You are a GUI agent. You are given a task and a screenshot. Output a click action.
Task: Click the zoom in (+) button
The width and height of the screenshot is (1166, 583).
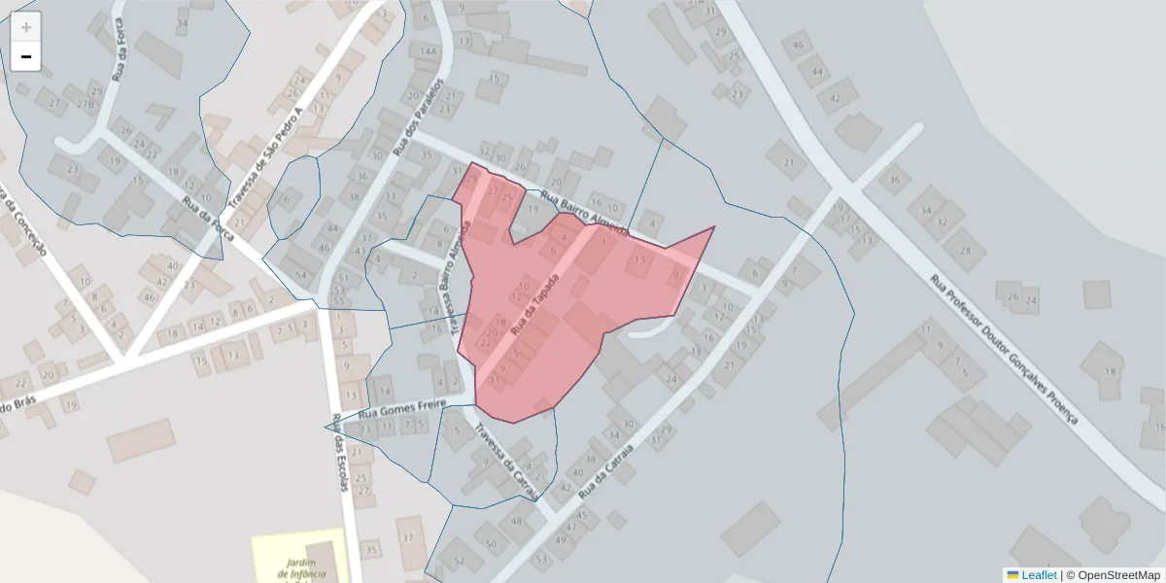(26, 27)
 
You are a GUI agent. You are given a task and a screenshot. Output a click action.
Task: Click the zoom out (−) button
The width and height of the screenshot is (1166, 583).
(26, 56)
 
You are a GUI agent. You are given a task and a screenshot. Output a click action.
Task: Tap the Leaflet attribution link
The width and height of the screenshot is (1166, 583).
(1032, 574)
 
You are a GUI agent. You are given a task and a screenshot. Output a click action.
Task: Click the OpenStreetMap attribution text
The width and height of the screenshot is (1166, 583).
(1113, 574)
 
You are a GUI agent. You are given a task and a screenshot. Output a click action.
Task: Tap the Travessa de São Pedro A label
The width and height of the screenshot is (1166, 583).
(266, 159)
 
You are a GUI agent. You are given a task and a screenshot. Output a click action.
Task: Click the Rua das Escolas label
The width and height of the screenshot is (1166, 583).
(340, 453)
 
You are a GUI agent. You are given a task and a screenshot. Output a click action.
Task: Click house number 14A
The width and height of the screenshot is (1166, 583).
(428, 51)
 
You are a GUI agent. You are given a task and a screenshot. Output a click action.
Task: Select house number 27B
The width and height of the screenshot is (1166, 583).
(85, 104)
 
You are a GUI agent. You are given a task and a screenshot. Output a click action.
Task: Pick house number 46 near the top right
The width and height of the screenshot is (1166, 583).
(799, 45)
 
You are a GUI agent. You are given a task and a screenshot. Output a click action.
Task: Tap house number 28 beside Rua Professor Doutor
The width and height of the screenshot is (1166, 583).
(964, 251)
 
